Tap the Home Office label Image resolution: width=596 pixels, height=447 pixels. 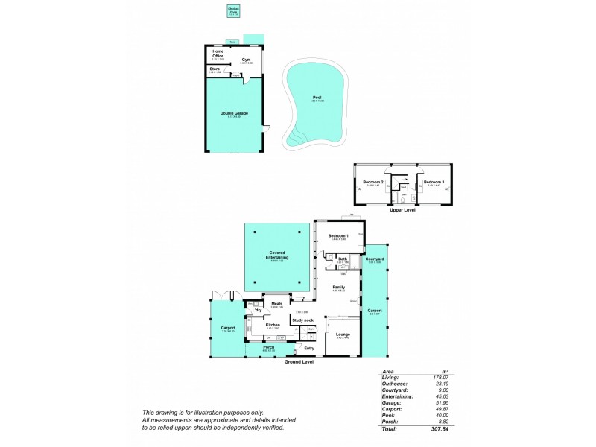point(218,54)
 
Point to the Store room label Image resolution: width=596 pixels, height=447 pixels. point(215,69)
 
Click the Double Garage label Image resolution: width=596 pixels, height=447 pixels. point(234,113)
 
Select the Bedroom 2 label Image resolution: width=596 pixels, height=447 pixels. point(372,182)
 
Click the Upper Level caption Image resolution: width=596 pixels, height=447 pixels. point(403,210)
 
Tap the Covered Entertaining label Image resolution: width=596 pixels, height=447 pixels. point(277,254)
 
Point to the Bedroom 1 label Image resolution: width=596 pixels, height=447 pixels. point(339,236)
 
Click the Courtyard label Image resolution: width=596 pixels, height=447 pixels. point(375,259)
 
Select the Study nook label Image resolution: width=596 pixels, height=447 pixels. point(302,320)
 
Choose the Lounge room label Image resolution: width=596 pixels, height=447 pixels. point(343,335)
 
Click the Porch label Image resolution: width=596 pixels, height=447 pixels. point(268,346)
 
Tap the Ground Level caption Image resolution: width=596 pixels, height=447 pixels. point(299,361)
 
